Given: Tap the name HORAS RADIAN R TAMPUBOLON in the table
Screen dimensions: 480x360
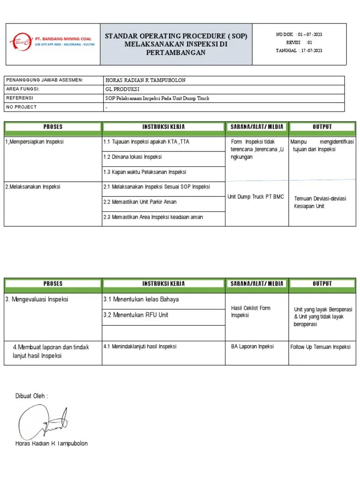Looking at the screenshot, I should click(146, 80).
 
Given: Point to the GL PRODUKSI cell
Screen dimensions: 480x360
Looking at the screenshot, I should click(123, 89).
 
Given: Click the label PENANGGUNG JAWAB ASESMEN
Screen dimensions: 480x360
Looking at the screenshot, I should click(45, 80).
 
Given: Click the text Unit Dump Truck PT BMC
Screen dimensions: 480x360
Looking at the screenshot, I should click(255, 197).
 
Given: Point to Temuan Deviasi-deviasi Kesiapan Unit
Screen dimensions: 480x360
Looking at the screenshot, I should click(320, 202).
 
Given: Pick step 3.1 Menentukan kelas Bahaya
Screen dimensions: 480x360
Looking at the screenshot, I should click(141, 300).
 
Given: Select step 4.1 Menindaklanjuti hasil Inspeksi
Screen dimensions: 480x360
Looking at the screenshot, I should click(140, 346).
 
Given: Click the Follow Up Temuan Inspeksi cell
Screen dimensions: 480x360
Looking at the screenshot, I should click(320, 347).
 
